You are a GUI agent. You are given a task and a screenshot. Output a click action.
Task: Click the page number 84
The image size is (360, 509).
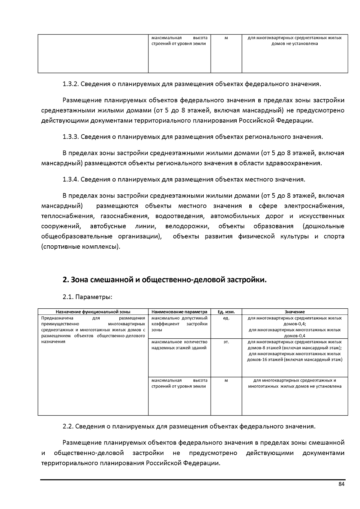pos(341,484)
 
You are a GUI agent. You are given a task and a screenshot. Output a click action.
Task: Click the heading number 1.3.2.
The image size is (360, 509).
pos(70,84)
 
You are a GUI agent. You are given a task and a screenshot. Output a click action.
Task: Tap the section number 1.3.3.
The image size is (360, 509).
pos(70,137)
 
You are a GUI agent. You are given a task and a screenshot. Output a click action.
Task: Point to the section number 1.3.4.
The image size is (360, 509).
pos(70,180)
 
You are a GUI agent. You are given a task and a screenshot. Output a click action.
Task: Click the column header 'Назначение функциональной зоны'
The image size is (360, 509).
pos(93,312)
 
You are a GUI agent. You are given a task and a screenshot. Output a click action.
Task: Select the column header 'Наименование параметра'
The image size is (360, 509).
pos(179,312)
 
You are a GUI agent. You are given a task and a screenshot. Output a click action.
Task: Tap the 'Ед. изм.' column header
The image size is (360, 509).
pos(226,312)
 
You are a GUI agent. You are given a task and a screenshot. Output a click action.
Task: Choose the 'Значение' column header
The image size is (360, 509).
pos(295,312)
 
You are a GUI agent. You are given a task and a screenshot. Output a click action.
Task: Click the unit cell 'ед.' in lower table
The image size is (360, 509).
pos(226,318)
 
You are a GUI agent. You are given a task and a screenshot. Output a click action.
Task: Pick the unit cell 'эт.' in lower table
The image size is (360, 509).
pos(226,342)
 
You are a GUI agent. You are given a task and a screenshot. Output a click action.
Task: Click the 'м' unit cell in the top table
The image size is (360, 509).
pos(226,38)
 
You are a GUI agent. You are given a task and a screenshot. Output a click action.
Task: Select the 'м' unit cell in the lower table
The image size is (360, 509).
pos(226,380)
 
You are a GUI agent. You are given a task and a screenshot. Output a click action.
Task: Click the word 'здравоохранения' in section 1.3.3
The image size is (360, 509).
pos(299,163)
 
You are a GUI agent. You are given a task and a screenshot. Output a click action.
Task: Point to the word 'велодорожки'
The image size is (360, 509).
pos(187,226)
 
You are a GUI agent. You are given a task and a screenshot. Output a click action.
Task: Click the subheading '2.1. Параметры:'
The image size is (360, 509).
pos(87,297)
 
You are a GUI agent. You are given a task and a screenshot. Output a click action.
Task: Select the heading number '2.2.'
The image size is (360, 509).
pos(68,427)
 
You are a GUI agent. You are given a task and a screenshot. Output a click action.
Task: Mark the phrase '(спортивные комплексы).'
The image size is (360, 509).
pos(81,247)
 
